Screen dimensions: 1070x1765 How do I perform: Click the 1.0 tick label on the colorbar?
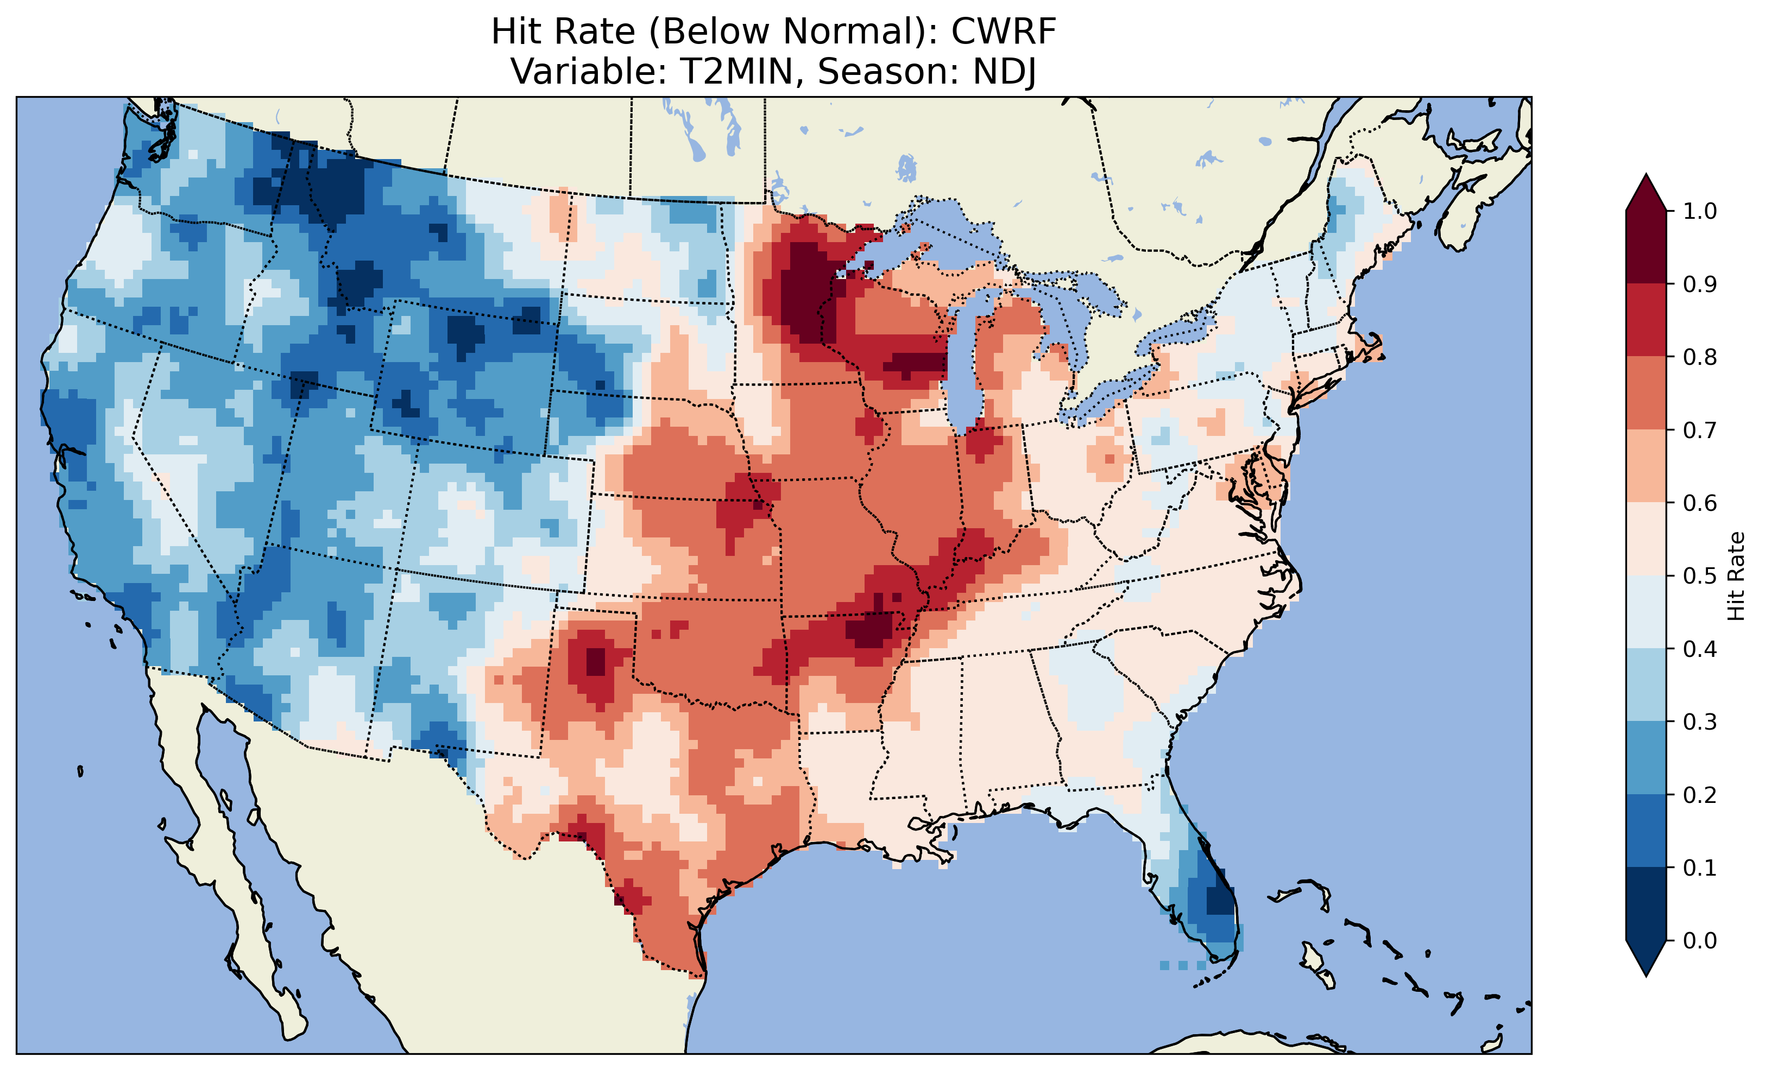(x=1700, y=211)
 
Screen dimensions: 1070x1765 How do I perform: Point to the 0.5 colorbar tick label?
(x=1700, y=576)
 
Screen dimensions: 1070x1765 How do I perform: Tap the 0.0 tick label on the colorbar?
(x=1700, y=940)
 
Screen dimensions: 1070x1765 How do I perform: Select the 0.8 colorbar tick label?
(x=1700, y=357)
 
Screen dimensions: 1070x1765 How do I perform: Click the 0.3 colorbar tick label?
(x=1700, y=722)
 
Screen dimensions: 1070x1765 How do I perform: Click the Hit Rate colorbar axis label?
(x=1736, y=576)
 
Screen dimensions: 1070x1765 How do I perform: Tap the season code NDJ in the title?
(x=1004, y=72)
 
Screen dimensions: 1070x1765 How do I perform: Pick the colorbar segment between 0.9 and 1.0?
(x=1646, y=247)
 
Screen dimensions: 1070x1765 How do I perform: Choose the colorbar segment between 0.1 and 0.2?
(x=1646, y=831)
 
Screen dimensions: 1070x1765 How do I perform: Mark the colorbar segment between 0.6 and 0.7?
(x=1646, y=466)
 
